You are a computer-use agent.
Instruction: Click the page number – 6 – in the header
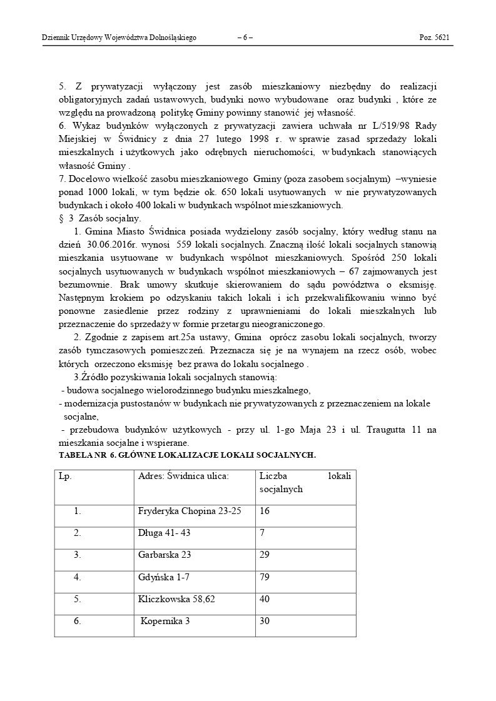[x=245, y=38]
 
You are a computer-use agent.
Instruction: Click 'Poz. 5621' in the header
[x=434, y=38]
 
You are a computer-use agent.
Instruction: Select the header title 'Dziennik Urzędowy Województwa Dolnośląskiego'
[x=119, y=38]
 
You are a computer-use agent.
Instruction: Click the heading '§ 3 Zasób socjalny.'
[x=99, y=218]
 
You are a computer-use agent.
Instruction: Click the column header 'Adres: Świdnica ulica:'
[x=183, y=476]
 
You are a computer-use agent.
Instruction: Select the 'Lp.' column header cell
[x=65, y=476]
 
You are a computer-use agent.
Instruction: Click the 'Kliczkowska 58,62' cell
[x=176, y=599]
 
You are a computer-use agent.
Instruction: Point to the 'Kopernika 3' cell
[x=165, y=622]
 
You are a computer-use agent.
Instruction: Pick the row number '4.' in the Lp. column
[x=78, y=577]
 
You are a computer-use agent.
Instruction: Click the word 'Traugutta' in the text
[x=386, y=430]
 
